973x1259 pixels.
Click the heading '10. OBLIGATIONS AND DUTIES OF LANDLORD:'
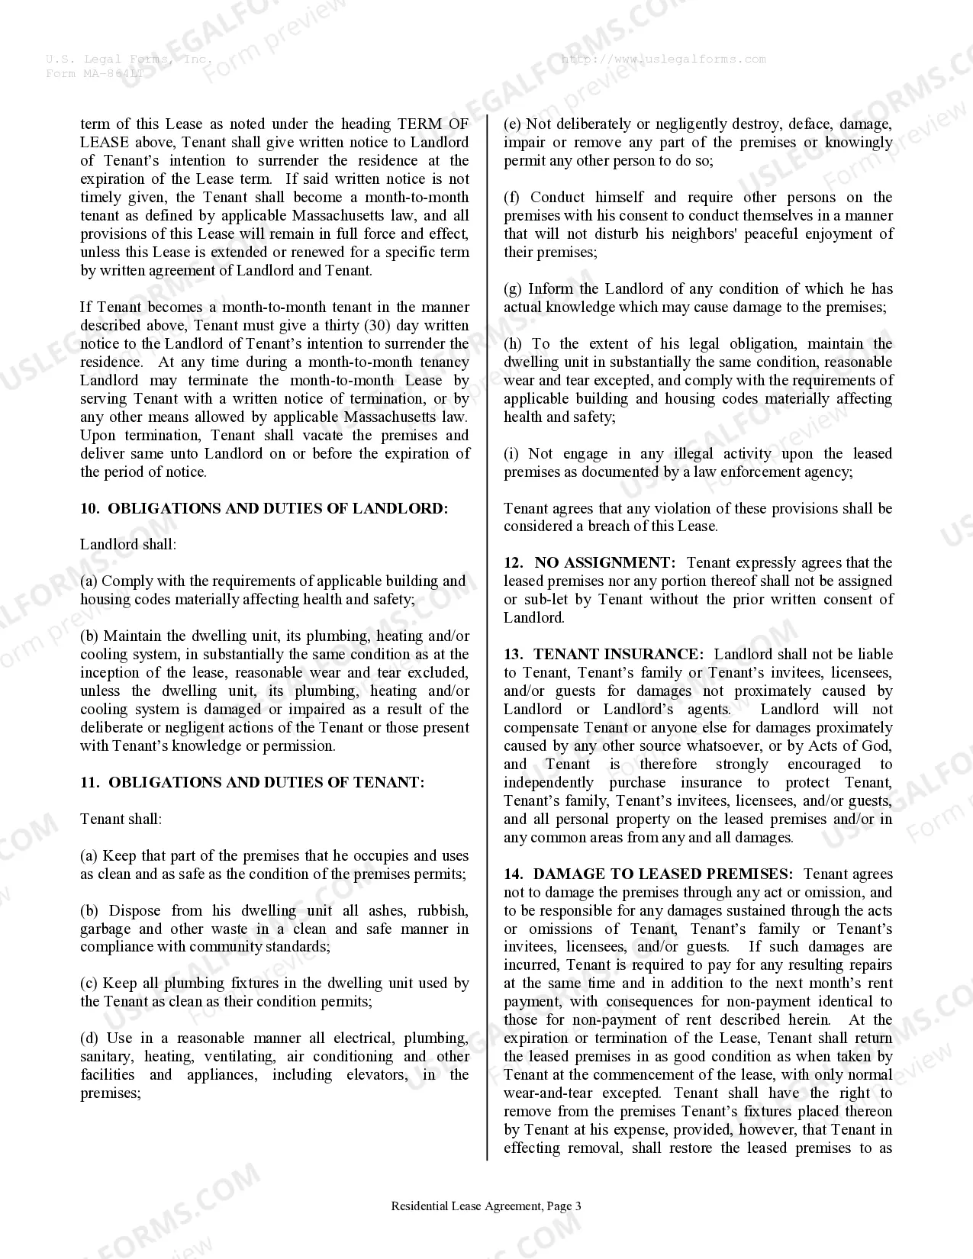(264, 508)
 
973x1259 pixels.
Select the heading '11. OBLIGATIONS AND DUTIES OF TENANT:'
(252, 782)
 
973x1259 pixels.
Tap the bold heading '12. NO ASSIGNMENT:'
(589, 562)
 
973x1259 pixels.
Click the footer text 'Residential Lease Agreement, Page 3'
(486, 1206)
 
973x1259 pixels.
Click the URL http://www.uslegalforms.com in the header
(663, 59)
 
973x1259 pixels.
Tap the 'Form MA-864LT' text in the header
(94, 73)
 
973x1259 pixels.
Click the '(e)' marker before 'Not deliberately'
(512, 124)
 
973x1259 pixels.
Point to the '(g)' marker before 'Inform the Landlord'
(513, 288)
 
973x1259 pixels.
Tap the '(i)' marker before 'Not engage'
(511, 453)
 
